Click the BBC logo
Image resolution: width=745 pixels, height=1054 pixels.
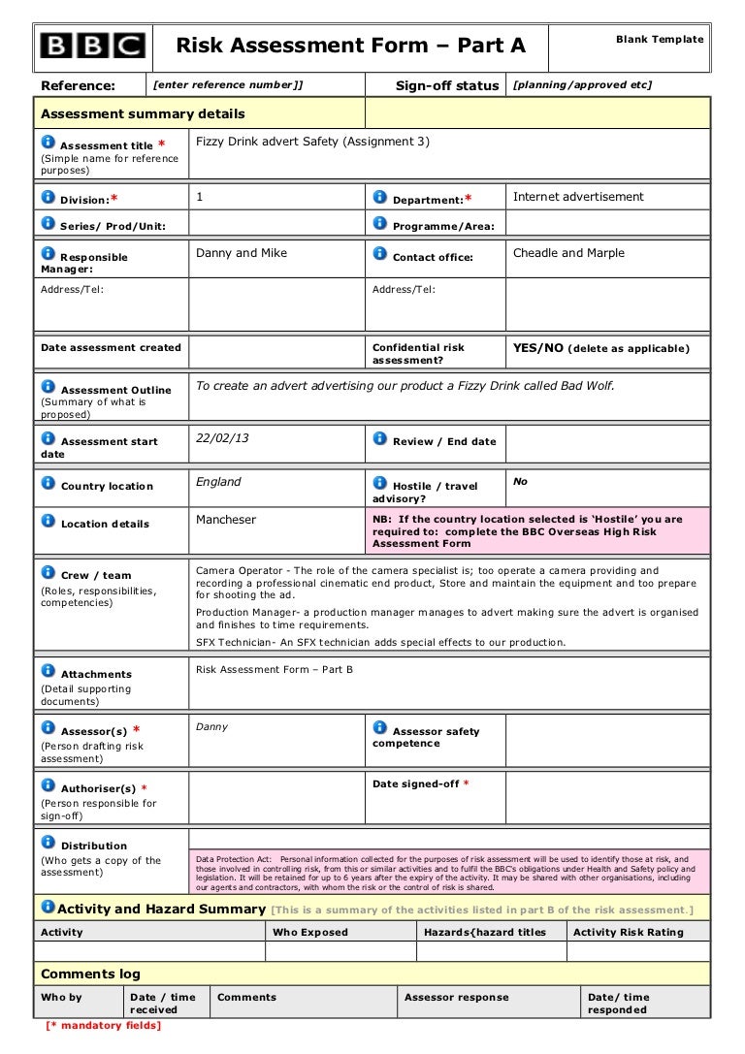[x=92, y=47]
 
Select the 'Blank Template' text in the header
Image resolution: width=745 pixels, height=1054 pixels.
[x=660, y=38]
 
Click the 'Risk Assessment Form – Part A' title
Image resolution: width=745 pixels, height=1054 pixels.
[x=350, y=46]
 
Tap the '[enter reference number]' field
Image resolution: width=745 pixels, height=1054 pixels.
[x=229, y=85]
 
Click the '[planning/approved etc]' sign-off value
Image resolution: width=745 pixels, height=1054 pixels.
[x=582, y=85]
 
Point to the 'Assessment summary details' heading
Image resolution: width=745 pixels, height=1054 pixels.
[x=143, y=114]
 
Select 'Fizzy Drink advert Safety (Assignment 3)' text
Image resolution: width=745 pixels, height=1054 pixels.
[x=312, y=142]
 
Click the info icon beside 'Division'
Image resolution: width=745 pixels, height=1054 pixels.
[x=48, y=197]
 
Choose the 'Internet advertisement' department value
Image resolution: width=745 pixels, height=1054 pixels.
[x=578, y=197]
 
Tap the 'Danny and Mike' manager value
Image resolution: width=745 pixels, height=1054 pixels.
[x=242, y=253]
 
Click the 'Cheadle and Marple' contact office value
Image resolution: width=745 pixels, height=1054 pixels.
[x=568, y=253]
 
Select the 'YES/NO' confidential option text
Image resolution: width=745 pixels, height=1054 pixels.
[x=538, y=348]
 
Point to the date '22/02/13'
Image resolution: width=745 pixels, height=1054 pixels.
[x=222, y=438]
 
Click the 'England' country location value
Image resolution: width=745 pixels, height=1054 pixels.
[x=218, y=482]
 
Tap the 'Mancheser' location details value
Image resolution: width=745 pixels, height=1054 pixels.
[x=226, y=520]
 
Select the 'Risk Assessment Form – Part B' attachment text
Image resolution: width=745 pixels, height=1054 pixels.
[x=275, y=669]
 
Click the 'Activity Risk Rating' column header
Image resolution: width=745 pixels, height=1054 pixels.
[x=629, y=932]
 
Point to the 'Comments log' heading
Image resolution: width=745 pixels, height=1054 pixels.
[x=90, y=974]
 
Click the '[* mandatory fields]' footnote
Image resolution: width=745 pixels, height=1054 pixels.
[x=104, y=1025]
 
